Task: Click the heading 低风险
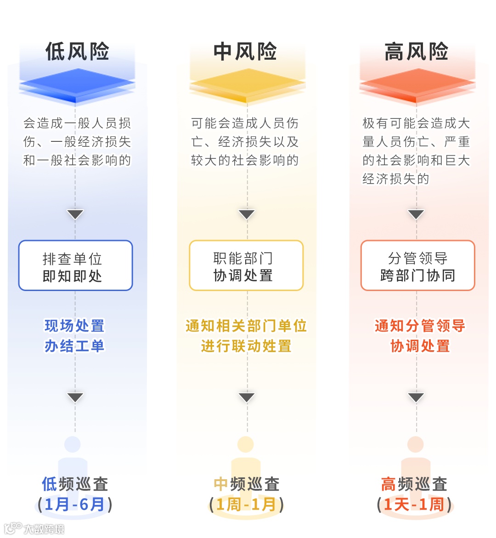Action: coord(77,51)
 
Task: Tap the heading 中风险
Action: coord(245,51)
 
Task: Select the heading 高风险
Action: coord(416,51)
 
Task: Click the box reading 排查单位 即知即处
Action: coord(75,266)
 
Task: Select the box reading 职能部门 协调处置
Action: coord(246,266)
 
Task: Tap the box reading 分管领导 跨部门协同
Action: coord(417,266)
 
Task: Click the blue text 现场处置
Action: coord(74,326)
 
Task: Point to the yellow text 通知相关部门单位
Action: coord(246,326)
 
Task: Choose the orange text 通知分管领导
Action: coord(420,326)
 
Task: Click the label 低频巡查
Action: coord(75,484)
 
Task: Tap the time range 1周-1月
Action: coord(246,504)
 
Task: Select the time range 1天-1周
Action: coord(414,504)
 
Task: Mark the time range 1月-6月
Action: coord(75,504)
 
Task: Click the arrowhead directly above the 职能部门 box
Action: coord(247,214)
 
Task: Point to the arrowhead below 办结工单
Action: coord(75,397)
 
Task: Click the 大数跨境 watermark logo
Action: coord(34,528)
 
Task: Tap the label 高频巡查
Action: coord(414,484)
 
